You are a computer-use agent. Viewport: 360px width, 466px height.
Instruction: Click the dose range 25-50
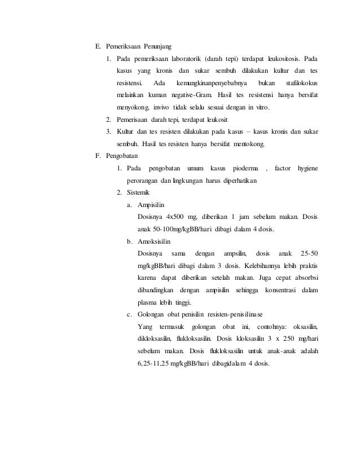pyautogui.click(x=308, y=253)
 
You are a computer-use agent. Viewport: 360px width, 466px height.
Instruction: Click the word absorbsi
pyautogui.click(x=305, y=278)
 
